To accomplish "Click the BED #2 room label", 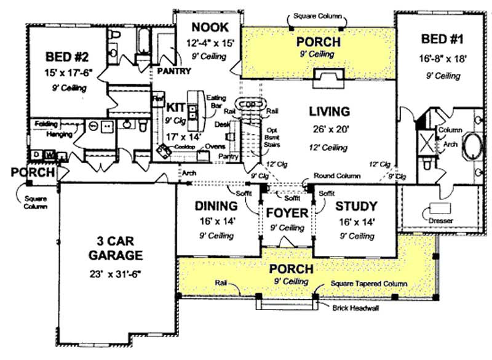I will point(68,57).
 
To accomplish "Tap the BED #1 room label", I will point(442,41).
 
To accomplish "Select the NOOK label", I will point(210,27).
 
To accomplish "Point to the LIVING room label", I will point(329,112).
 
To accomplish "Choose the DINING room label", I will point(216,206).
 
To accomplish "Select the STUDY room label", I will point(357,206).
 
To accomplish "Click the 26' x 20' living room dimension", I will point(329,130).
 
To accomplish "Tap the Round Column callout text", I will point(337,176).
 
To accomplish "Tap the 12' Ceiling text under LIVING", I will point(329,148).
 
